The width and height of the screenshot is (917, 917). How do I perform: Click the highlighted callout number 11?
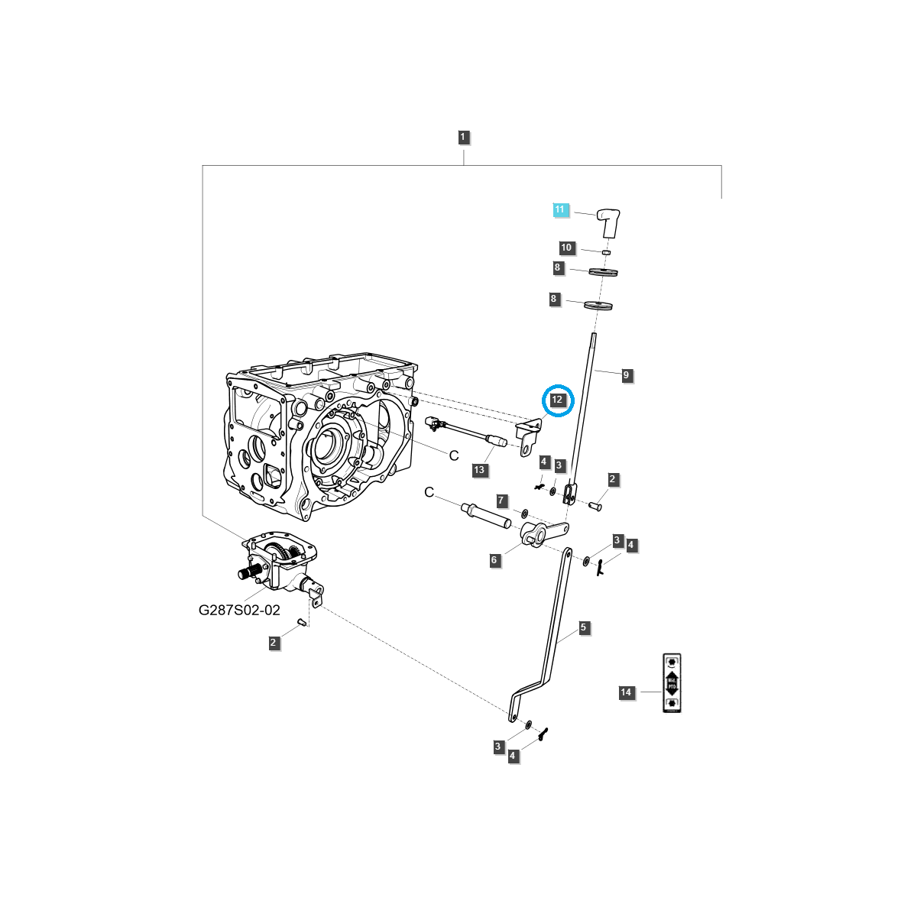[560, 209]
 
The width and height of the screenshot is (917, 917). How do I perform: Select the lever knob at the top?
[608, 222]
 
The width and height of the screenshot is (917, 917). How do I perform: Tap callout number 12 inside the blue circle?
[557, 400]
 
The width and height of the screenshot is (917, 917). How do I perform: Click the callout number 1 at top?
[463, 138]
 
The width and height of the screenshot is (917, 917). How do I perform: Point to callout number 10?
[566, 248]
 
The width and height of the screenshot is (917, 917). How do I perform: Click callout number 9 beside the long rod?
[626, 375]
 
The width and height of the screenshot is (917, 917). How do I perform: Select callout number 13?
[479, 470]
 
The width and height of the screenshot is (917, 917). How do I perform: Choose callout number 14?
[626, 692]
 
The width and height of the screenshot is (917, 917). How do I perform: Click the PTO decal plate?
[671, 683]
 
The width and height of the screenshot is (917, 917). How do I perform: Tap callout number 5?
[583, 627]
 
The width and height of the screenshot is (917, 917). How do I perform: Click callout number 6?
[494, 560]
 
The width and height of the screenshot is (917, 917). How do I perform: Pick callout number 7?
[501, 501]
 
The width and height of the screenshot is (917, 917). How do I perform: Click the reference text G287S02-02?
[239, 610]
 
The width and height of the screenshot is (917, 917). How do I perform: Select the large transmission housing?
[321, 436]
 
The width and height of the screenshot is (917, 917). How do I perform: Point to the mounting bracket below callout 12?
[527, 438]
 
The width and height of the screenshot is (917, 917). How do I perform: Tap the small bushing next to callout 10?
[607, 252]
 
